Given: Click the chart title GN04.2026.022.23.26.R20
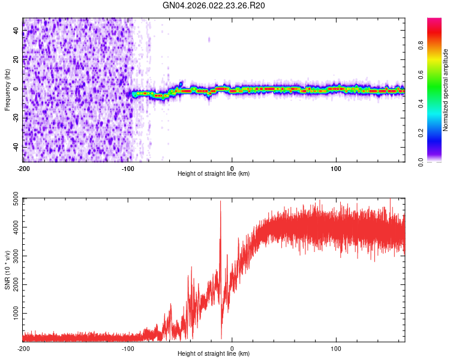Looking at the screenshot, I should pos(214,6).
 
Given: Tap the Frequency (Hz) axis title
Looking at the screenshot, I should pos(7,90).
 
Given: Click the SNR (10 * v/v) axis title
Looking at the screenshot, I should pos(7,270).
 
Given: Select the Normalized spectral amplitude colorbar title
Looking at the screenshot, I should pos(446,90).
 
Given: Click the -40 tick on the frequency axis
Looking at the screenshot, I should pos(15,147).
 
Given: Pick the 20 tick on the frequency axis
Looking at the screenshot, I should pos(16,59).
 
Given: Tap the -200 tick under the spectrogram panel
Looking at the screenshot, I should pos(23,168).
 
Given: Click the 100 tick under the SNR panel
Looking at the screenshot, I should pos(337,348).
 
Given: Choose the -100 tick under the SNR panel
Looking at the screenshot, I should pos(127,348).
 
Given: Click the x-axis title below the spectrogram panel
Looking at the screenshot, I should pos(214,174).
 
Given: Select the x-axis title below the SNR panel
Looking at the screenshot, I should pos(214,354).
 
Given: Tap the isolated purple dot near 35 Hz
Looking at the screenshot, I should pos(209,40).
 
